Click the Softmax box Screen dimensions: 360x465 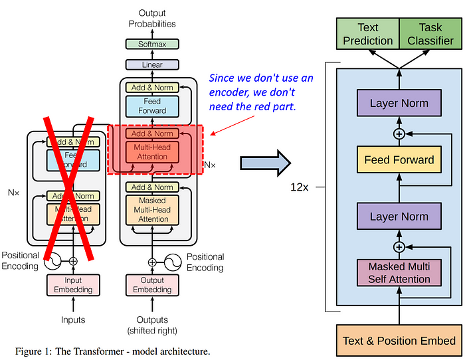tap(152, 44)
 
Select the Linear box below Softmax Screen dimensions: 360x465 tap(152, 65)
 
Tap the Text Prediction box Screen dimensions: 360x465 tap(367, 34)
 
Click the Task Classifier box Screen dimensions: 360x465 tap(430, 34)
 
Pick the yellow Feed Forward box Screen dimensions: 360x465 tap(399, 159)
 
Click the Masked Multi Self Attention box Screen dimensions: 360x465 tap(399, 273)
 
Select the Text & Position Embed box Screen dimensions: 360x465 tap(399, 341)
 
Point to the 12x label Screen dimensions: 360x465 tap(299, 187)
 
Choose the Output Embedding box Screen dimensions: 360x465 tap(152, 284)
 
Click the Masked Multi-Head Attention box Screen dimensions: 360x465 tap(153, 210)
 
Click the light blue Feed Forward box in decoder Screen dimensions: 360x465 tap(152, 106)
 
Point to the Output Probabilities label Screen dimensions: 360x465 tap(152, 19)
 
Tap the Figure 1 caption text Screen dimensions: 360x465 tap(112, 351)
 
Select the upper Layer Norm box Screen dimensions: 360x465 tap(399, 103)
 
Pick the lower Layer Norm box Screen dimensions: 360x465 tap(399, 217)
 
